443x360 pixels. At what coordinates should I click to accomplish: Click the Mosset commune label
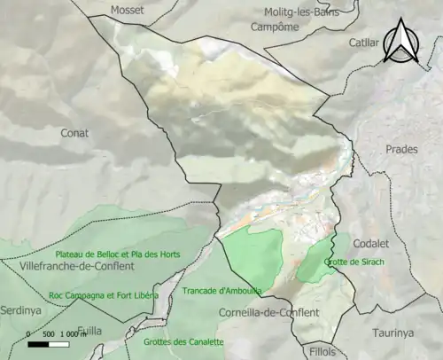pos(128,10)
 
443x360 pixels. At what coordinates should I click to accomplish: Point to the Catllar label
pos(363,43)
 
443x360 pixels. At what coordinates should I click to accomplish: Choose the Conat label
pos(74,133)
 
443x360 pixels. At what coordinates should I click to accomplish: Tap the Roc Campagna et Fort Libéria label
pos(104,294)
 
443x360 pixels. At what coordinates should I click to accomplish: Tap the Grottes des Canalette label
pos(185,341)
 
